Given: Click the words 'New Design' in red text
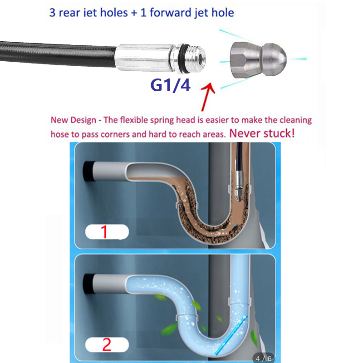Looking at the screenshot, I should pos(73,120).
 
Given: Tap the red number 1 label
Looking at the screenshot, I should pos(104,232).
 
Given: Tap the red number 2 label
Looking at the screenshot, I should pos(107,345).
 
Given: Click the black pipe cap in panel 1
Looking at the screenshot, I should pos(89,171).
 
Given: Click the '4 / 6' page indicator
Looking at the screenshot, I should pos(264,358).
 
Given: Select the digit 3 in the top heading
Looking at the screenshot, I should pos(53,12).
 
